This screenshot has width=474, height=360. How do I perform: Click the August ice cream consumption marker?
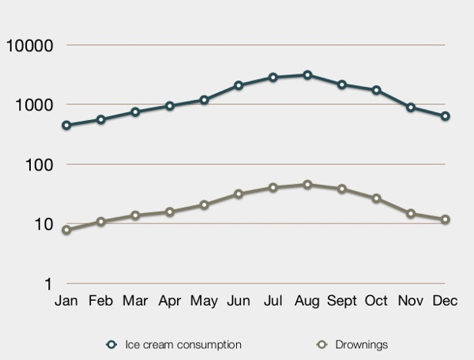pyautogui.click(x=307, y=75)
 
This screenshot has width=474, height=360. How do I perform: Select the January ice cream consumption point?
pyautogui.click(x=66, y=125)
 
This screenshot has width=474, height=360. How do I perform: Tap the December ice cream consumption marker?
pyautogui.click(x=445, y=116)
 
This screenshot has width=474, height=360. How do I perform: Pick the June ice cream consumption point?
pyautogui.click(x=239, y=85)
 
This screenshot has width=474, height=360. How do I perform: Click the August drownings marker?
pyautogui.click(x=307, y=185)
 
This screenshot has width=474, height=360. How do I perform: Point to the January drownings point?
pyautogui.click(x=66, y=230)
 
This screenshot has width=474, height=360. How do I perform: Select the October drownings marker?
pyautogui.click(x=376, y=198)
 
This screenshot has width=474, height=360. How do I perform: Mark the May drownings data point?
pyautogui.click(x=204, y=204)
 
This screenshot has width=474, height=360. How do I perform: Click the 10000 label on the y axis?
pyautogui.click(x=30, y=46)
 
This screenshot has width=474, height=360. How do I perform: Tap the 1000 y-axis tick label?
pyautogui.click(x=34, y=106)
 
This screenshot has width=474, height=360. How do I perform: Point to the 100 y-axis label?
pyautogui.click(x=39, y=165)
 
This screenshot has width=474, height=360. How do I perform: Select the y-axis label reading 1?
pyautogui.click(x=48, y=284)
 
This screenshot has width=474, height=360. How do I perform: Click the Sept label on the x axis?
pyautogui.click(x=342, y=301)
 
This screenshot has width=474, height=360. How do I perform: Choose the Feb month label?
pyautogui.click(x=100, y=301)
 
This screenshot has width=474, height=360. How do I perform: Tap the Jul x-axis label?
pyautogui.click(x=273, y=301)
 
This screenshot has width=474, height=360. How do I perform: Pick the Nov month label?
pyautogui.click(x=411, y=301)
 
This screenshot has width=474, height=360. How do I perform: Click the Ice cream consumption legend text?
pyautogui.click(x=183, y=344)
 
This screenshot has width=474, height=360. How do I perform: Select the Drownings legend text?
pyautogui.click(x=362, y=344)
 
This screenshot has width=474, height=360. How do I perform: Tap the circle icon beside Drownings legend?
pyautogui.click(x=322, y=344)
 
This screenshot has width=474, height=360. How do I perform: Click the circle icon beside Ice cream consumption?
pyautogui.click(x=111, y=344)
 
